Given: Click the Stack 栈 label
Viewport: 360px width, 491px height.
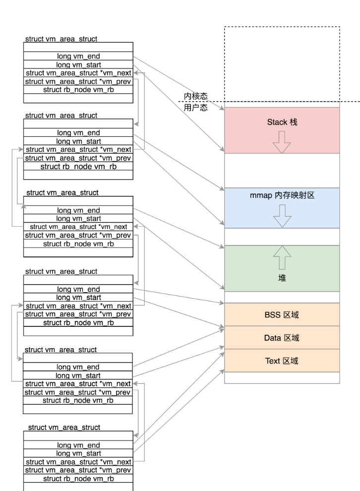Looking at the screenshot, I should [x=282, y=122].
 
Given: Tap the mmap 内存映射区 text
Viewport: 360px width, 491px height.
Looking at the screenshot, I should [x=282, y=195].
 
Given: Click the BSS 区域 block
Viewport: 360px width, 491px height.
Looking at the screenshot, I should [x=282, y=314].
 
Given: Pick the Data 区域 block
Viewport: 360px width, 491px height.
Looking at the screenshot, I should [x=282, y=338].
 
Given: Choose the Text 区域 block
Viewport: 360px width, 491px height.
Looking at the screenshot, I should [x=282, y=361].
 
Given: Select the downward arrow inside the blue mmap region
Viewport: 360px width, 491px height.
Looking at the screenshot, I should [x=282, y=216].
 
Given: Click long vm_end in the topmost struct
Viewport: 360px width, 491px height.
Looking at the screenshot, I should [x=78, y=57].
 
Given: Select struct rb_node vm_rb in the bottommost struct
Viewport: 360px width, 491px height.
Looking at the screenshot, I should [x=78, y=478].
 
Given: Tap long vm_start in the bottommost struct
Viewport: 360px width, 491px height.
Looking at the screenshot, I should [x=78, y=453].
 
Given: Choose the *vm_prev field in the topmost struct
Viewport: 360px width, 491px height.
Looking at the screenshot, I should [x=78, y=81].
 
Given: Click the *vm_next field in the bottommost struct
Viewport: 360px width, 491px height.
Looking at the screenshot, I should [x=78, y=461].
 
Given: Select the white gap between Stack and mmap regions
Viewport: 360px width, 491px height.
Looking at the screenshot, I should [x=282, y=170].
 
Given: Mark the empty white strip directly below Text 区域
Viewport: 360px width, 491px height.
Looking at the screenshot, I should [x=282, y=377].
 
